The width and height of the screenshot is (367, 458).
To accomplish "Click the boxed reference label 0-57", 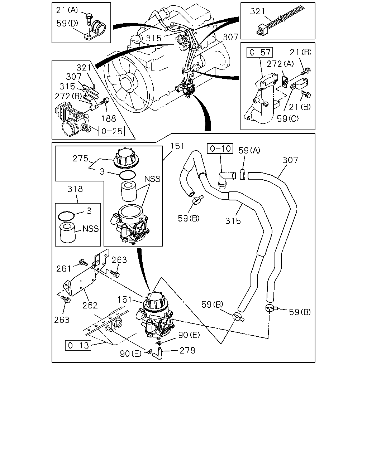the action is (259, 52).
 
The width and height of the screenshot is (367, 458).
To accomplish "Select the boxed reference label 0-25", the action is (111, 131).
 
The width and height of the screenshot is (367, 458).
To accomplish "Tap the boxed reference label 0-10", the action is (220, 148).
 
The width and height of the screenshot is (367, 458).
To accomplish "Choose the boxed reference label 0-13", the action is (78, 345).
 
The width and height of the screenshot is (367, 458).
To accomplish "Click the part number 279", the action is (187, 350).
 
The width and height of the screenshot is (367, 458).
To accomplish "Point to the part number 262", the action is (90, 306).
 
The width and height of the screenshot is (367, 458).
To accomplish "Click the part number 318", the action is (75, 189).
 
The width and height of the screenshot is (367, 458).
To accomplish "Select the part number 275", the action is (80, 159).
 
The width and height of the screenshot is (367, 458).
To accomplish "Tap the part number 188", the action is (109, 118).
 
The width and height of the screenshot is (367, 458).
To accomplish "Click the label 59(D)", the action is (67, 23).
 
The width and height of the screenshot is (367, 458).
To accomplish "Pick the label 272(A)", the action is (280, 64).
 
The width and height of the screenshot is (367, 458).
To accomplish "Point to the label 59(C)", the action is (288, 118).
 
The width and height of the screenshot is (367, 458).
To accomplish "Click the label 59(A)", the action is (249, 151).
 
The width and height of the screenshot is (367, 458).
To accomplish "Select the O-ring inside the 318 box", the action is (66, 216).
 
